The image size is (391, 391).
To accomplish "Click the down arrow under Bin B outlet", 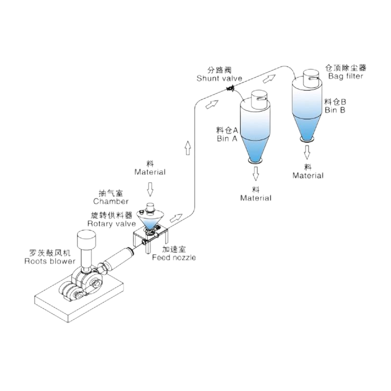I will [x=307, y=152].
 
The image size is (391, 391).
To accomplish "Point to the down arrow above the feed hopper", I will [x=150, y=188].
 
